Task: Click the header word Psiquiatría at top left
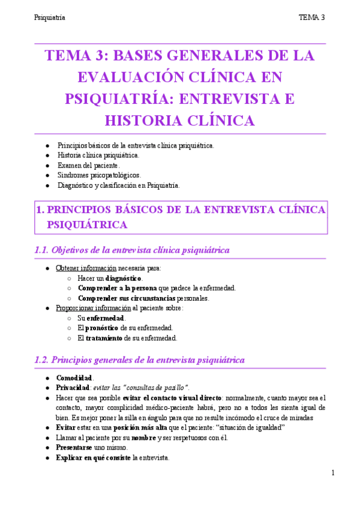click(x=49, y=17)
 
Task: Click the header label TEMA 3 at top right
click(x=311, y=17)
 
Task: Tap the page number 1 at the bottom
click(x=332, y=474)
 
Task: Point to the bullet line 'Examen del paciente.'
click(x=89, y=165)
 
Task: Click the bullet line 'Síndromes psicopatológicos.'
click(x=99, y=175)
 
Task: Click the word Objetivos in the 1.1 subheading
click(x=74, y=250)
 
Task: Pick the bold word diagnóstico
click(x=124, y=279)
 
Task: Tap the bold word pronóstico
click(x=99, y=328)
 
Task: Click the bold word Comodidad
click(x=74, y=378)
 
